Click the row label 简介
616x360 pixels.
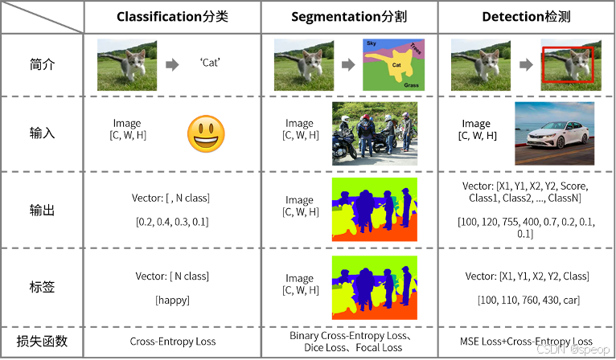[x=42, y=65]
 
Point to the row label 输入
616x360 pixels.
[x=42, y=133]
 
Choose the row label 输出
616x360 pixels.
[x=42, y=209]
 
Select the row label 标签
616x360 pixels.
[x=42, y=286]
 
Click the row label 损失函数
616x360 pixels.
[x=42, y=342]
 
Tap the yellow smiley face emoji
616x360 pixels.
[x=206, y=133]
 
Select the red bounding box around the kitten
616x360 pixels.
[x=568, y=65]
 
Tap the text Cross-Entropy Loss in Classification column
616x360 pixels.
[x=172, y=342]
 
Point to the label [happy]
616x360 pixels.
[x=172, y=300]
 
